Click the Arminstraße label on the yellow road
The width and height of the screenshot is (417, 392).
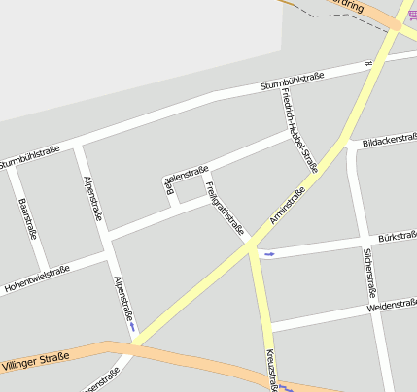288,207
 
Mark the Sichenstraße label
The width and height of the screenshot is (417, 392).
369,272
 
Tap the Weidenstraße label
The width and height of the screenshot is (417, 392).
392,306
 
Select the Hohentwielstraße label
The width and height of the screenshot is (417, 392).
37,278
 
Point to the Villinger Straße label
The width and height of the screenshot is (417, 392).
36,360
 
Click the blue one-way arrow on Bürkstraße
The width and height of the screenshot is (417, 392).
269,254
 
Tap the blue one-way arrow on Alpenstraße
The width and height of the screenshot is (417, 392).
132,326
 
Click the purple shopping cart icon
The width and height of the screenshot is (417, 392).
412,15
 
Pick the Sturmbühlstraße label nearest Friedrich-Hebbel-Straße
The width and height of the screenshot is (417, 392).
292,81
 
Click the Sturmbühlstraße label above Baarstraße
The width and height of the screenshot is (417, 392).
30,155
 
